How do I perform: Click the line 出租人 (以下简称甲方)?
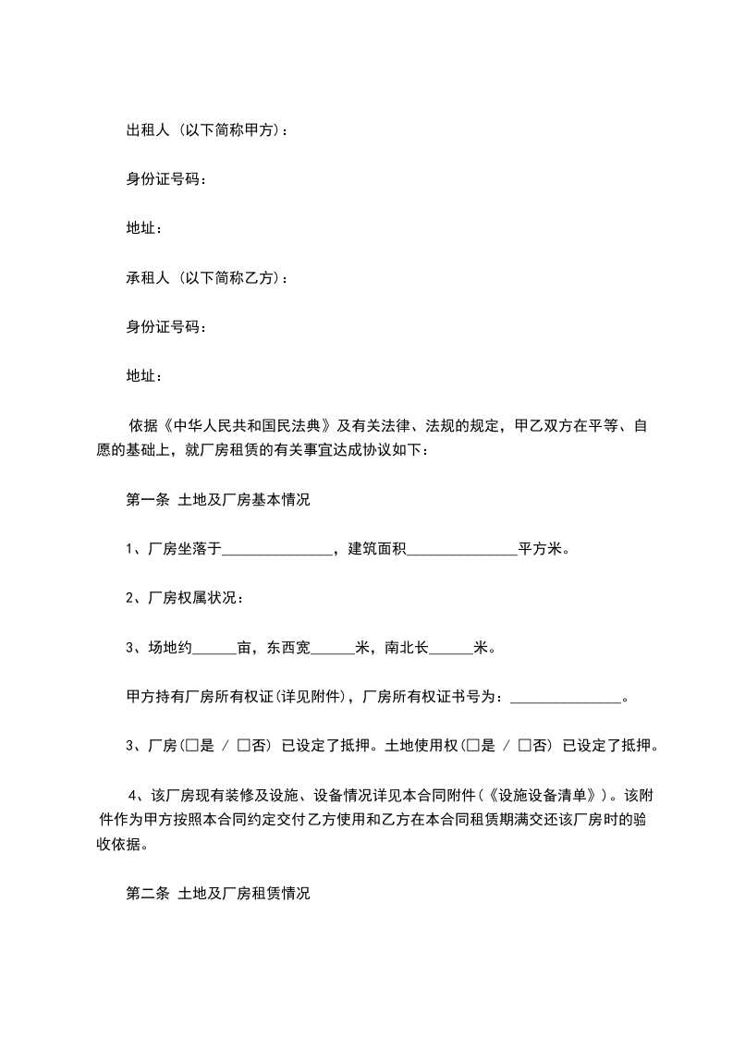206,130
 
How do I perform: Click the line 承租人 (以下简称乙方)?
206,277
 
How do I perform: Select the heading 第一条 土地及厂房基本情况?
217,500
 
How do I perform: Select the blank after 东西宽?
331,648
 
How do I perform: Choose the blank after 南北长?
451,648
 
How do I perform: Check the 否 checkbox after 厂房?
243,746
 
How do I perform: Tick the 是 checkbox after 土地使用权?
477,746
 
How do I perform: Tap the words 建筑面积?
376,549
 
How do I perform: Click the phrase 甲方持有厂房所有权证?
194,697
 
